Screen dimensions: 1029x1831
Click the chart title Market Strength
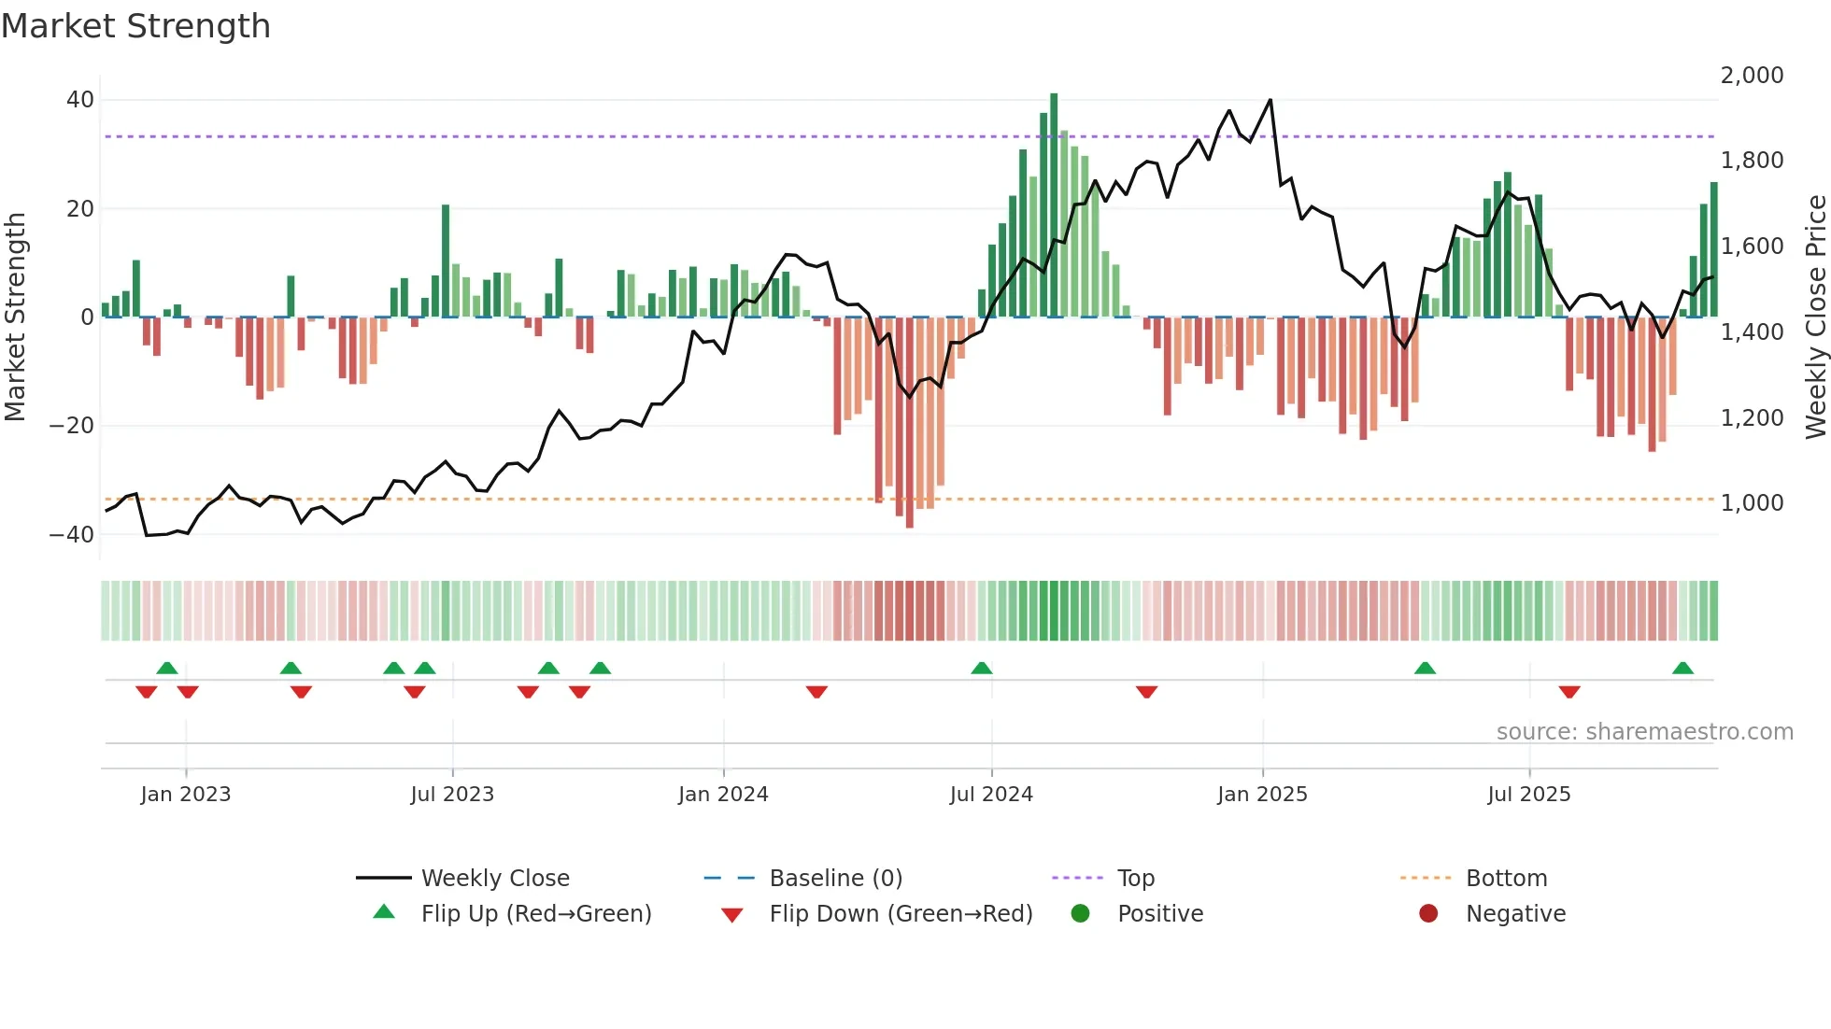click(135, 26)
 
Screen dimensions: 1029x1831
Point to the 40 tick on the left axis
click(80, 100)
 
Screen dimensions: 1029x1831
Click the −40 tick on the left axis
click(72, 535)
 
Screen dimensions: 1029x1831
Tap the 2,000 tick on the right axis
click(1752, 76)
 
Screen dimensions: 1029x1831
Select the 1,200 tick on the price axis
click(1752, 417)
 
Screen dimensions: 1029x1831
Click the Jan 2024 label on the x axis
click(723, 795)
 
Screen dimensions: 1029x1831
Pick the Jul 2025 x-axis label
click(1528, 795)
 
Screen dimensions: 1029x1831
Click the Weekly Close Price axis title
click(1815, 317)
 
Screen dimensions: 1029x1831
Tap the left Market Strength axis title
click(16, 317)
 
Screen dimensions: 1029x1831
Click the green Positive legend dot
click(1081, 914)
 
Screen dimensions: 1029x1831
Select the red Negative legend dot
click(1428, 914)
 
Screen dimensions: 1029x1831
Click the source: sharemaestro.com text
click(1644, 732)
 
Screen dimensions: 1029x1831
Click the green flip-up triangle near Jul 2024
click(981, 669)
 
